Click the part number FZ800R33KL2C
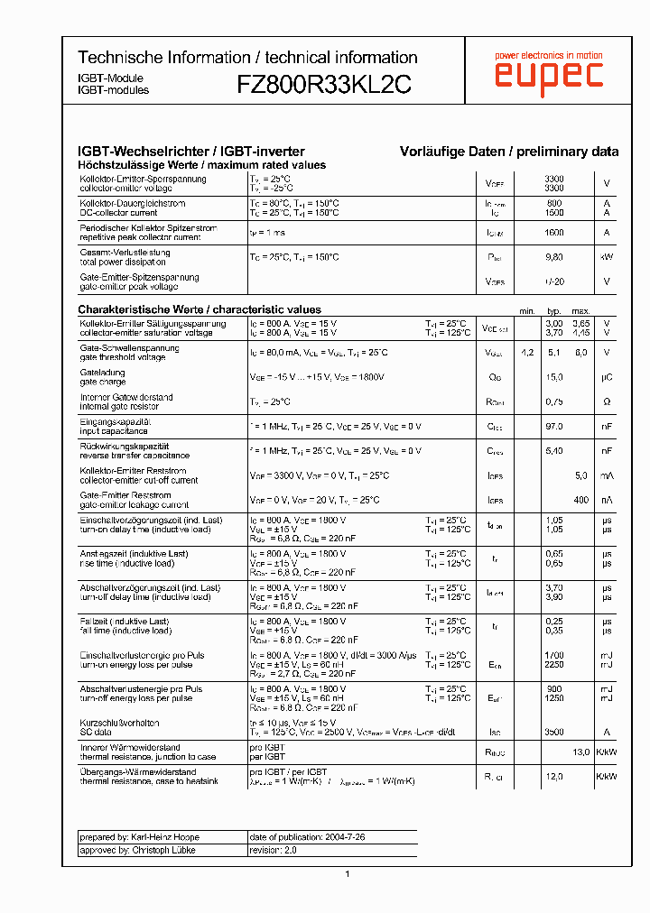(324, 84)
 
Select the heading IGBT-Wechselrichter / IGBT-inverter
(191, 152)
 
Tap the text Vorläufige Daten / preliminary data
(509, 152)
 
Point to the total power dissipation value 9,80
(554, 257)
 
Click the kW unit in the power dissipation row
(607, 257)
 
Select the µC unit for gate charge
(607, 377)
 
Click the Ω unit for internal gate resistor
(607, 401)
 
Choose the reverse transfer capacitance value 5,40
(554, 450)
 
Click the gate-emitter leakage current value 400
(581, 499)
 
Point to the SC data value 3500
(554, 733)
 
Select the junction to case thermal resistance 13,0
(581, 752)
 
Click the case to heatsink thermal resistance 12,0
(554, 776)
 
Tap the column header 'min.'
(528, 310)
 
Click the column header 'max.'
(581, 310)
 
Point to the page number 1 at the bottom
(348, 873)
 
